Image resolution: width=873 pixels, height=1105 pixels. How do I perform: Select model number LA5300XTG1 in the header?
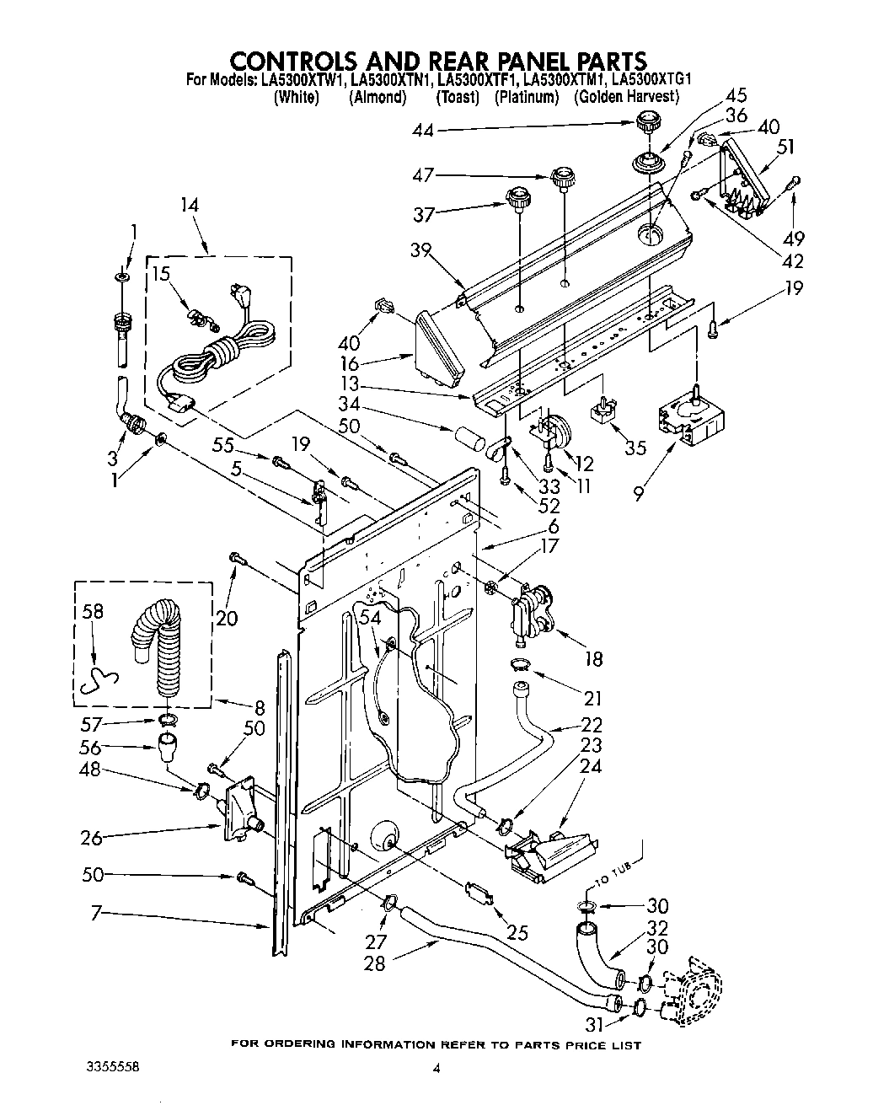tap(651, 80)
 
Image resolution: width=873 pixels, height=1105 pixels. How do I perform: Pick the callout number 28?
tap(373, 962)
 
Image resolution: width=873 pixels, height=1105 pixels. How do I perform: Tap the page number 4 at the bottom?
tap(436, 1068)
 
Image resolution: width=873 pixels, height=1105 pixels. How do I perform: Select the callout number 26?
tap(91, 838)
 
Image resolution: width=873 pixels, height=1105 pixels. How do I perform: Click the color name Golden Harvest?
tap(626, 98)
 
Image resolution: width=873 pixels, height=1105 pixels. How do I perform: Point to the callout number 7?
tap(95, 914)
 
